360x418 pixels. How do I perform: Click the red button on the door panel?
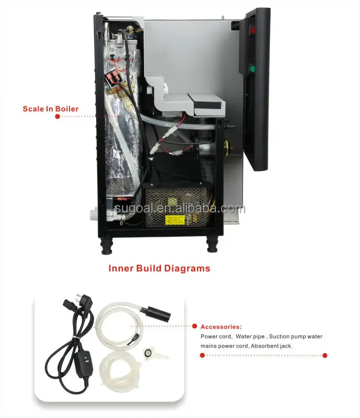[253, 30]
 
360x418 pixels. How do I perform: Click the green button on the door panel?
[253, 68]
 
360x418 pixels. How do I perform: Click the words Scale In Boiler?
[51, 109]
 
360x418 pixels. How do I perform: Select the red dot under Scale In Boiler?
[57, 117]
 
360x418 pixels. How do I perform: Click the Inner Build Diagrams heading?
[159, 269]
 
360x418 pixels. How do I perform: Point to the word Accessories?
[221, 327]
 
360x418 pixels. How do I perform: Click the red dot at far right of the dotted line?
[324, 355]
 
